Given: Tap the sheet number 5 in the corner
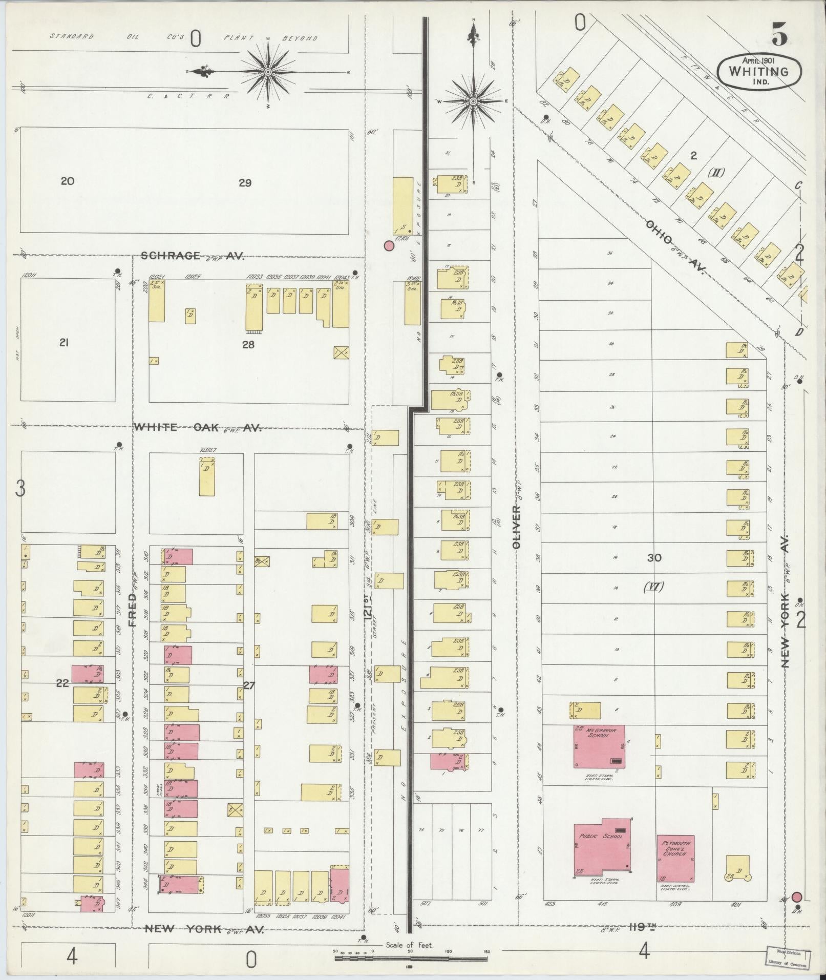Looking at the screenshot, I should point(779,34).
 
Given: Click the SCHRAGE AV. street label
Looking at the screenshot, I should point(192,256).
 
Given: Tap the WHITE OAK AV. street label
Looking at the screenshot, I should point(198,428).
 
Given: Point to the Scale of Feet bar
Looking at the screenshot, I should point(411,957).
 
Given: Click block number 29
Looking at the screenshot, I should point(245,183).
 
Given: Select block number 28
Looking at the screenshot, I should point(248,345).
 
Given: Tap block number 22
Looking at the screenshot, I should point(62,683).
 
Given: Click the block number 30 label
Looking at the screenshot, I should point(654,558).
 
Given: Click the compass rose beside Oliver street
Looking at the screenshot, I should point(473,101).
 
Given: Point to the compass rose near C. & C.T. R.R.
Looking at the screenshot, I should point(267,72).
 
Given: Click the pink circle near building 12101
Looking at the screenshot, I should point(389,246).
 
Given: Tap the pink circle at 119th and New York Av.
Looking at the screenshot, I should point(797,896).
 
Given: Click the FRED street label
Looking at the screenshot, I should point(133,610).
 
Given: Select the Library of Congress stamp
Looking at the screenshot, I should point(788,957).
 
